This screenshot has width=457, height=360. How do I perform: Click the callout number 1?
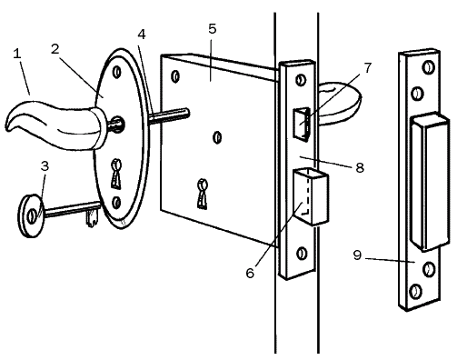point(17,54)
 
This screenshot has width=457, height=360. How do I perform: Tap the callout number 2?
point(55,49)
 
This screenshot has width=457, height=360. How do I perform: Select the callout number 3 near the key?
point(45,166)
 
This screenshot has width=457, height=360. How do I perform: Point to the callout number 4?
point(142,35)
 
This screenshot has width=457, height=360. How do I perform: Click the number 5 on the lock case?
point(213,29)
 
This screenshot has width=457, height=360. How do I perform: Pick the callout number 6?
point(250,273)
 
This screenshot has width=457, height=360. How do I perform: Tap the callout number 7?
point(368,68)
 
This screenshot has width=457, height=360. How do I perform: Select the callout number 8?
point(360,167)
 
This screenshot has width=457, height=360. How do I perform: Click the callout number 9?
point(357,255)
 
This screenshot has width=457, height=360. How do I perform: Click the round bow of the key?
point(31,215)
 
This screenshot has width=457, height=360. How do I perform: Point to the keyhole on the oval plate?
point(116,174)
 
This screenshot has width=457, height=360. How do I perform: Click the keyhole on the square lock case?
point(202,194)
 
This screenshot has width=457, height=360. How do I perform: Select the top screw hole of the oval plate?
point(117,73)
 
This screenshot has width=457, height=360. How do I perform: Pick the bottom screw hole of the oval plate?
point(116,203)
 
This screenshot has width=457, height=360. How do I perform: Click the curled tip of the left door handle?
point(9,125)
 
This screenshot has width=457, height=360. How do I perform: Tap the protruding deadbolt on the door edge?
point(312,197)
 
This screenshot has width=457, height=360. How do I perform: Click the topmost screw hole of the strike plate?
point(428,67)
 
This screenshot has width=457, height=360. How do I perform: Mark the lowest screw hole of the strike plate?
point(415,292)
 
